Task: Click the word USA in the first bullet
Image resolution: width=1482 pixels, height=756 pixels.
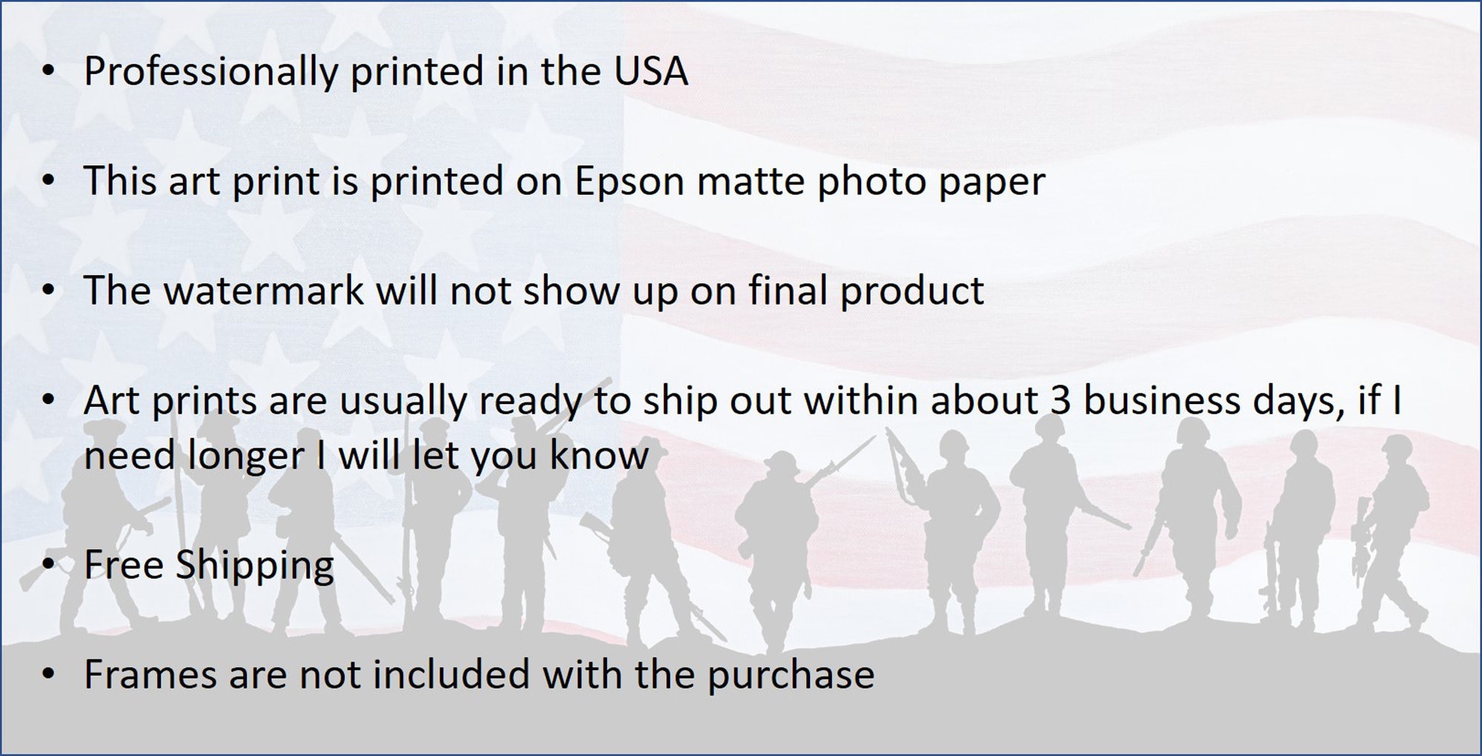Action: [x=651, y=72]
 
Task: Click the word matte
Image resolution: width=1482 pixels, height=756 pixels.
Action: [x=751, y=182]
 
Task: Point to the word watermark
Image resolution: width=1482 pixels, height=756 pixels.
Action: [x=263, y=291]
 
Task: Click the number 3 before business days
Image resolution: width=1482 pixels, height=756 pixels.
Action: [x=1060, y=401]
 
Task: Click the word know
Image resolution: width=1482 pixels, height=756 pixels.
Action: [x=599, y=455]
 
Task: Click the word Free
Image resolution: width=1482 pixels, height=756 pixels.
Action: [x=124, y=565]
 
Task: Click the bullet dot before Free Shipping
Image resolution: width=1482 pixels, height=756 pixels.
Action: [x=49, y=566]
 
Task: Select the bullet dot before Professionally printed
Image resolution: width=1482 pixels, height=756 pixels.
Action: [x=49, y=72]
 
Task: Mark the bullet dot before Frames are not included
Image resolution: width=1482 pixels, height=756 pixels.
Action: [x=49, y=675]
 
